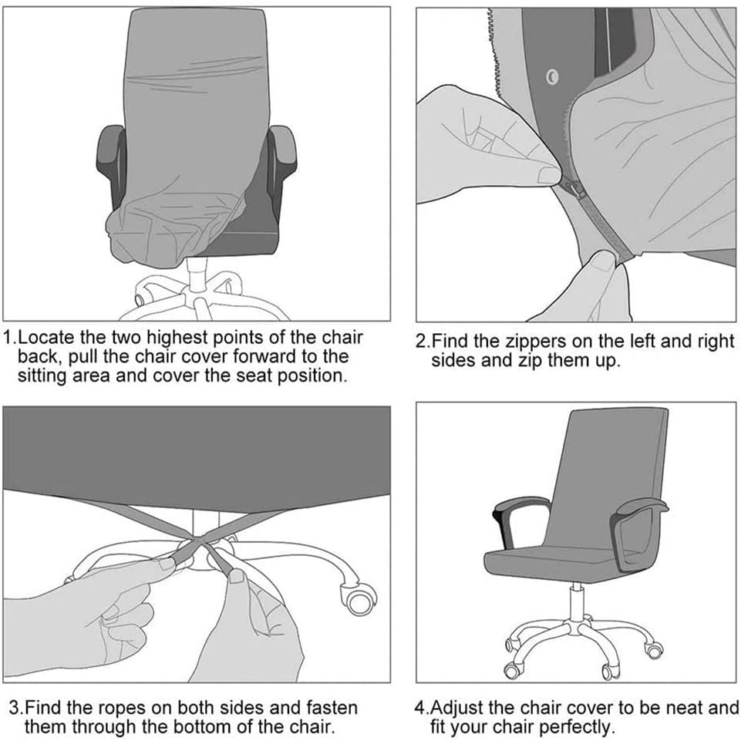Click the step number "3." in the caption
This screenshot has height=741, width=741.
tap(16, 709)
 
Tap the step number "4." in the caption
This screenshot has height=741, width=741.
tap(422, 708)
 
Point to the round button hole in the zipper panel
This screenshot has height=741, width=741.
tap(552, 76)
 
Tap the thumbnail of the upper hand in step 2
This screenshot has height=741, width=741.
tap(549, 176)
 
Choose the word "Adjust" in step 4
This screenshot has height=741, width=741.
tap(458, 709)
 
